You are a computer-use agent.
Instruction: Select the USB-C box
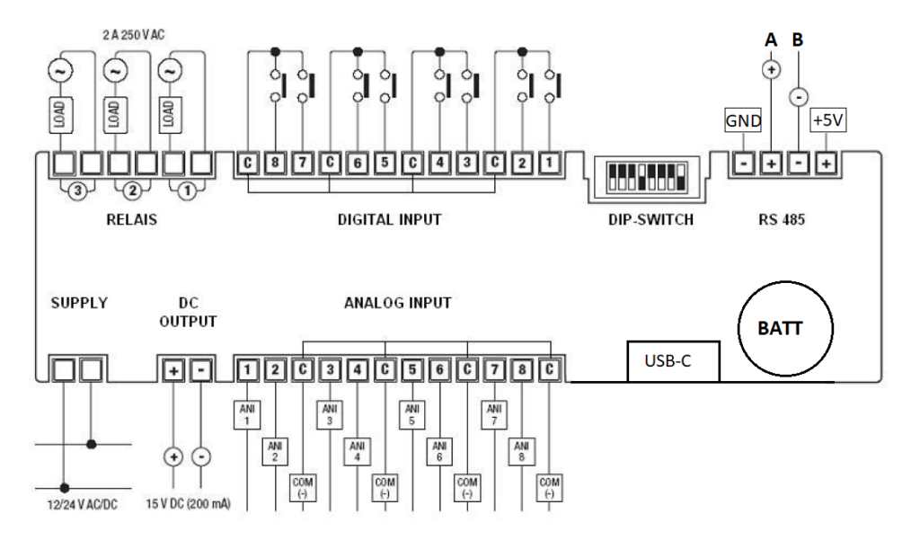click(x=674, y=361)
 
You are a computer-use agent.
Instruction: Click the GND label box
click(x=743, y=121)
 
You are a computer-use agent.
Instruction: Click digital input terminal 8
click(x=277, y=164)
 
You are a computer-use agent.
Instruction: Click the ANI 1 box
click(x=248, y=414)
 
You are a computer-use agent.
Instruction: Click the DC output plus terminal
click(x=172, y=369)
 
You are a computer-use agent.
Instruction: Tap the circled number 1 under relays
click(x=188, y=191)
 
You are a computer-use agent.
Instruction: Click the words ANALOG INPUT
click(x=397, y=304)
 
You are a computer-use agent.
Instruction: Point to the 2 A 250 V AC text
click(x=133, y=35)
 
